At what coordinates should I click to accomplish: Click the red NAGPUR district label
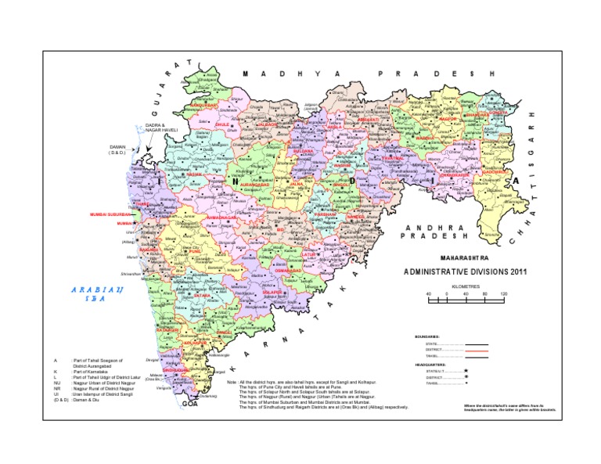click(x=448, y=120)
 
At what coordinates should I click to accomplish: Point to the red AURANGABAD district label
click(x=255, y=185)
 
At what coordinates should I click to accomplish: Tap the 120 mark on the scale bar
click(x=503, y=294)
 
